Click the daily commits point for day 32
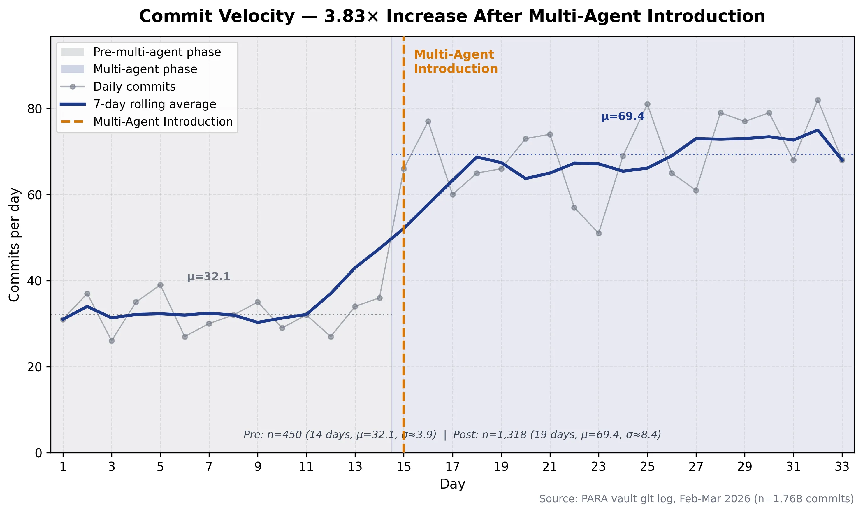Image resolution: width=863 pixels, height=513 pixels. click(818, 100)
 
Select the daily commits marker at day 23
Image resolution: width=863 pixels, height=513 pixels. click(599, 233)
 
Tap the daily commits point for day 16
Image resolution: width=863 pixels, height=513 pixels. click(428, 121)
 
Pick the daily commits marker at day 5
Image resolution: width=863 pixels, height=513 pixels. click(160, 285)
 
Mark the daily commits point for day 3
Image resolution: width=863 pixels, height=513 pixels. click(112, 341)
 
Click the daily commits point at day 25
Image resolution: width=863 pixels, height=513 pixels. click(647, 104)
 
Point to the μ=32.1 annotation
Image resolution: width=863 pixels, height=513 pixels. click(208, 277)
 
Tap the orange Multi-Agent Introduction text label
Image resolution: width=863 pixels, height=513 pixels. click(456, 62)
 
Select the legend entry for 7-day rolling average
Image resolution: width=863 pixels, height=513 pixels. click(154, 104)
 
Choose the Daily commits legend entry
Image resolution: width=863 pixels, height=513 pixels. click(134, 87)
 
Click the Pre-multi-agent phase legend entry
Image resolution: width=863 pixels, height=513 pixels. click(157, 52)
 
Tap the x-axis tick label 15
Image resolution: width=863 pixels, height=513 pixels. click(404, 467)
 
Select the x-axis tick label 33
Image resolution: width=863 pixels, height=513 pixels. click(842, 467)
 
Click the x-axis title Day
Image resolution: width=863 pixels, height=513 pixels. click(452, 484)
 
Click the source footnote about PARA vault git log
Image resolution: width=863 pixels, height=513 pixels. click(696, 499)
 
